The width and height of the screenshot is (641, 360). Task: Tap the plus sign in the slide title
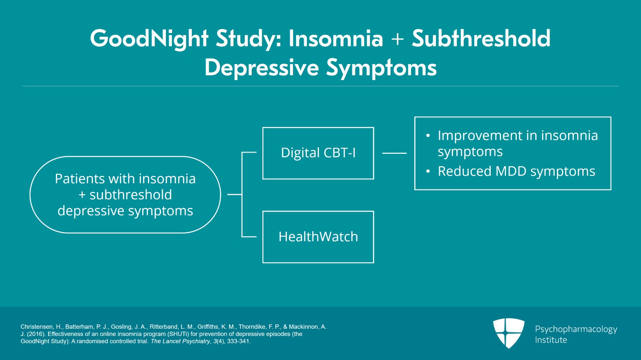click(x=397, y=39)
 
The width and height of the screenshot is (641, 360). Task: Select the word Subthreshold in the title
click(x=481, y=38)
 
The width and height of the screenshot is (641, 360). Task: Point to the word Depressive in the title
click(x=262, y=68)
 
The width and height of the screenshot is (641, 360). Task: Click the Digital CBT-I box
click(x=318, y=153)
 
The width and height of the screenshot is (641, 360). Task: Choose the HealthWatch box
click(x=318, y=237)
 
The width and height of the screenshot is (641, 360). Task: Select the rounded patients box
click(x=125, y=195)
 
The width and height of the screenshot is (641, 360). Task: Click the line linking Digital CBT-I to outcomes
click(x=394, y=153)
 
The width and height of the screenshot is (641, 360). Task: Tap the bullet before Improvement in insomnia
click(x=428, y=136)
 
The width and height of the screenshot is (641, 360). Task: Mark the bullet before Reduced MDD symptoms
click(x=428, y=171)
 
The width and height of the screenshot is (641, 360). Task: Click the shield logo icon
click(x=508, y=333)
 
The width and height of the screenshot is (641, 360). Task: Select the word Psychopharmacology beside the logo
click(x=576, y=329)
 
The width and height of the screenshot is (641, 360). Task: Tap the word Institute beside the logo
click(x=551, y=340)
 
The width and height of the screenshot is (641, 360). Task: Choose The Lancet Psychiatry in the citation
click(x=180, y=341)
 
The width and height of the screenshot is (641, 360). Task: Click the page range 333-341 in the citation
click(x=238, y=341)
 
